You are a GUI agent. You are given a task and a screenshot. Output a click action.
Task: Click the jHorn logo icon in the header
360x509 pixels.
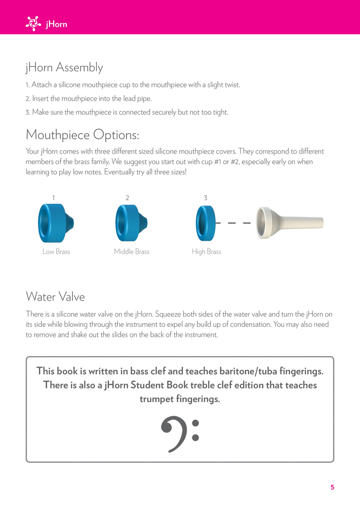point(33,24)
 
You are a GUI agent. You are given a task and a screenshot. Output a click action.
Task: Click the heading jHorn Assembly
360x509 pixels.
point(64,67)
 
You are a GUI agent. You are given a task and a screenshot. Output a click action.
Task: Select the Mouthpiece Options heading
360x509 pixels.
point(82,135)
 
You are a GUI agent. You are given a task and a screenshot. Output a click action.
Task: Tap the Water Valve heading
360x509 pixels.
point(55,297)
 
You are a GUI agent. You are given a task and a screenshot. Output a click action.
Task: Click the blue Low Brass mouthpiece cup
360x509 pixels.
point(55,223)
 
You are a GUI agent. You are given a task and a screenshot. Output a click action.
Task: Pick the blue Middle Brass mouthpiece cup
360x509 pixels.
point(131,223)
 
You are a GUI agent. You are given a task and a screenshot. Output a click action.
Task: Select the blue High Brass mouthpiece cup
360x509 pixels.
point(206,223)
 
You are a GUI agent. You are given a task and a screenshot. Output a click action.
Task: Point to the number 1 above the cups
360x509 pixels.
point(53,198)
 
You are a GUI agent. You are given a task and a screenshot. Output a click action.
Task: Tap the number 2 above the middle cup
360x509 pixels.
point(127,198)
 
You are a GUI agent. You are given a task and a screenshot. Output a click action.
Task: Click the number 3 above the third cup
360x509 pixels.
point(206,198)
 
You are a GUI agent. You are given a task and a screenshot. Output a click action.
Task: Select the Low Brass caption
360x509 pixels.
point(56,252)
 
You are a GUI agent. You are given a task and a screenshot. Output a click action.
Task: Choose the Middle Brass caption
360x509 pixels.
point(132,252)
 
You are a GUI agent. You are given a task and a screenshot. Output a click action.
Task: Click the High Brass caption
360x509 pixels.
point(206,252)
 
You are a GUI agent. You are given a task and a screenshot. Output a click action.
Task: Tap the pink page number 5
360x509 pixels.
point(332,487)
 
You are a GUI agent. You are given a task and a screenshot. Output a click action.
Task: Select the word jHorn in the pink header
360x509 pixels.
point(57,24)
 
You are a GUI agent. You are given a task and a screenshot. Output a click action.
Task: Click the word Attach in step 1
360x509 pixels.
point(42,85)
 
